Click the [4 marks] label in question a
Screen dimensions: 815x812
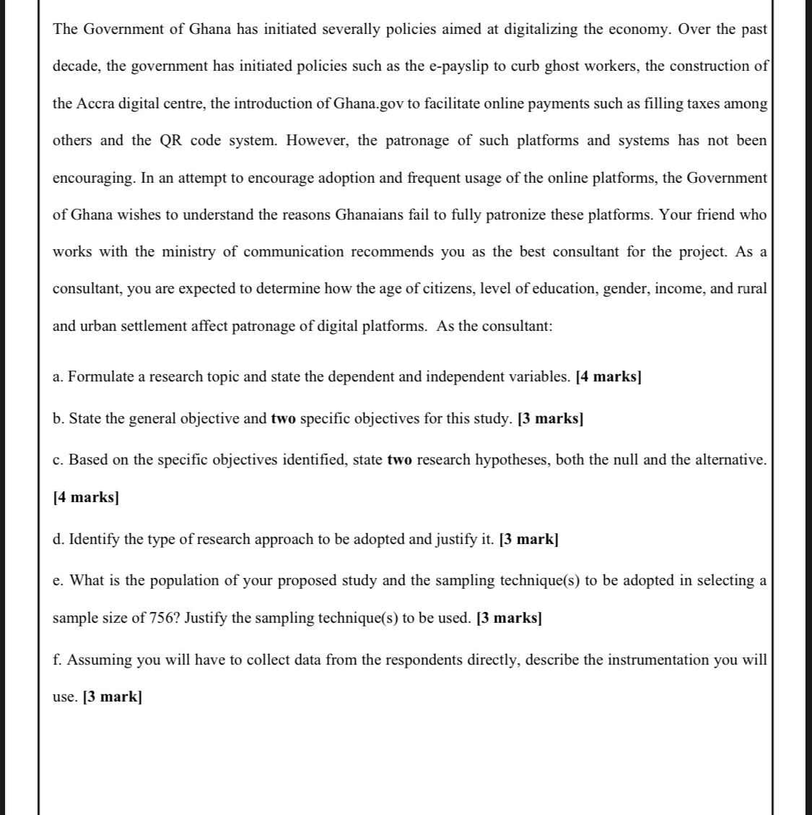click(608, 376)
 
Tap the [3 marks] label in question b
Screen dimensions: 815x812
click(550, 419)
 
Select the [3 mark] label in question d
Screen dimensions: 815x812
click(528, 539)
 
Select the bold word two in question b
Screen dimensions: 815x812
click(283, 419)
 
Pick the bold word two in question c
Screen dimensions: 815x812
click(399, 460)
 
